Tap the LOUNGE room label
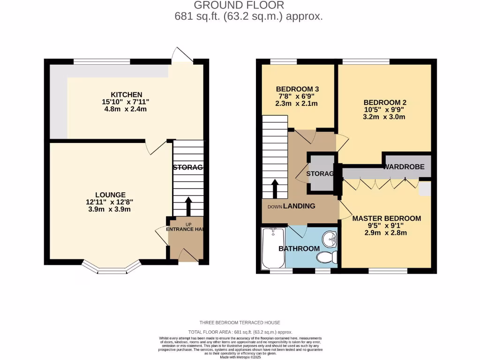click(x=110, y=195)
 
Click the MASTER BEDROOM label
click(x=387, y=218)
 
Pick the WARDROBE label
click(x=405, y=166)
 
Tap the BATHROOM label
click(x=299, y=248)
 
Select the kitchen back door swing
click(x=182, y=55)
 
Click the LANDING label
click(x=299, y=206)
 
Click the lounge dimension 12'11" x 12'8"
click(x=110, y=202)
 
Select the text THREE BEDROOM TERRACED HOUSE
click(x=240, y=322)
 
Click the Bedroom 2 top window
click(x=366, y=61)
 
